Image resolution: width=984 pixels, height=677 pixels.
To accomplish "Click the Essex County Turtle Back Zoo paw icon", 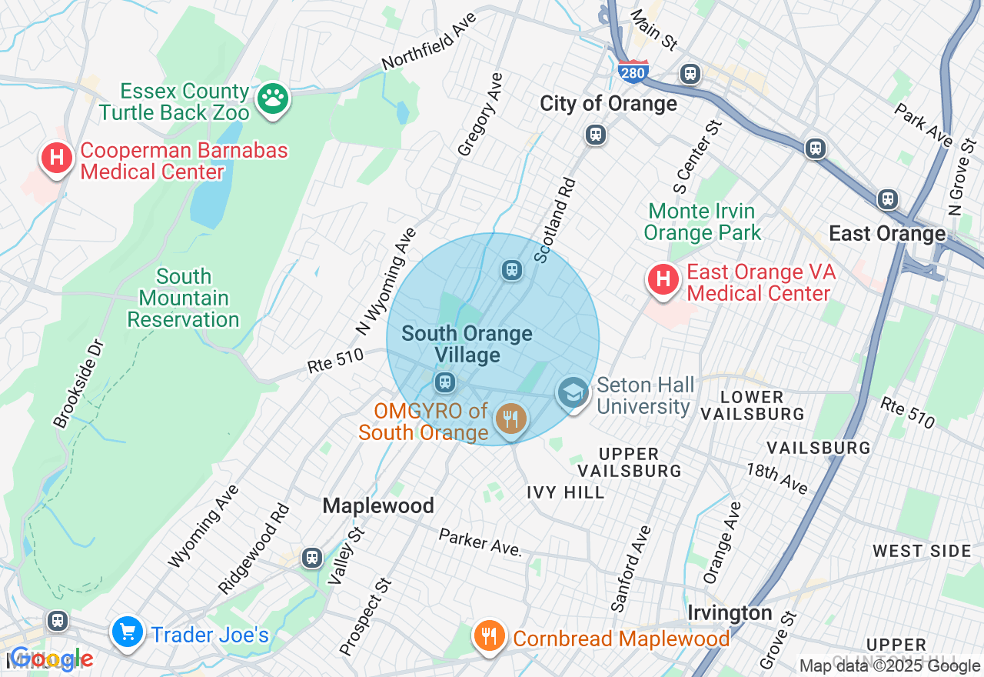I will [x=272, y=98].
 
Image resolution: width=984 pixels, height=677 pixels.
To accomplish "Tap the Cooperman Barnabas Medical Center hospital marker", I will [x=56, y=158].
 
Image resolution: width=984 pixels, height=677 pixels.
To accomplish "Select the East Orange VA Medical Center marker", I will [x=663, y=279].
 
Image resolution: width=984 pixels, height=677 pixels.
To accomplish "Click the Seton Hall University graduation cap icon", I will [x=573, y=392].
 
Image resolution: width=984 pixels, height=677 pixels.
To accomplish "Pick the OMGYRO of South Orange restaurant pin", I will [x=510, y=419].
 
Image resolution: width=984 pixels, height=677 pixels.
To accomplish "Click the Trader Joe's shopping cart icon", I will [x=127, y=632].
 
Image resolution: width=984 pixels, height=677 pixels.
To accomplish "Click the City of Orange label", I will [x=608, y=104].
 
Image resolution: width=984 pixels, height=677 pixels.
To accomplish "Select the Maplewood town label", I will [x=378, y=505].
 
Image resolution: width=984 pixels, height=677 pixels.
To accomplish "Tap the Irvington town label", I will [x=730, y=613].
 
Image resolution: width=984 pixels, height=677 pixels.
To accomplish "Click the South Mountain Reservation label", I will [x=183, y=298].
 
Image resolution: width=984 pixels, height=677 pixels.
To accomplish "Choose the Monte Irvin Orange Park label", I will [x=702, y=222].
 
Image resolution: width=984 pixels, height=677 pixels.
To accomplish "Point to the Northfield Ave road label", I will [x=428, y=40].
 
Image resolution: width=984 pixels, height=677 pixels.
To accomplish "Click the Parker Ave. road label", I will [x=480, y=542].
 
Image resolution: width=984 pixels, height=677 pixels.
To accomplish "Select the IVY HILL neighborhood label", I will [x=566, y=492].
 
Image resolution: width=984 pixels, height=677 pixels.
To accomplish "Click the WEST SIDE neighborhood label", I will [x=922, y=551].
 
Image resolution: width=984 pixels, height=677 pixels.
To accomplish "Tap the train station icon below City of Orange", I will [x=595, y=135].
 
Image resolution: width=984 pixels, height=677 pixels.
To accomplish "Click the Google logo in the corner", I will [x=51, y=659].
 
